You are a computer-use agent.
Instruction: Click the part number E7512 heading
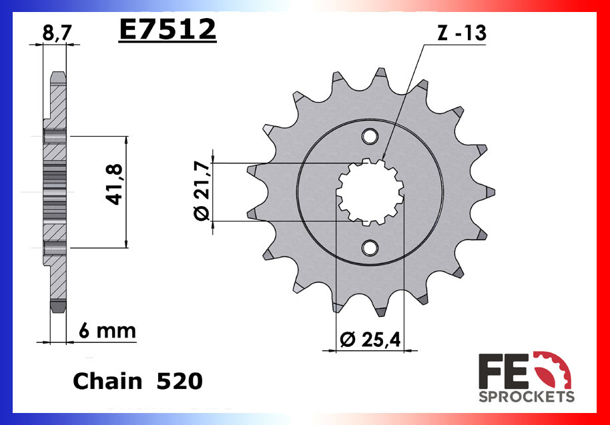click(x=168, y=29)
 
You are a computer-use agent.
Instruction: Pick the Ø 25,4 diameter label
click(x=370, y=340)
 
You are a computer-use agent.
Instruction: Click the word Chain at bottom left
click(x=107, y=381)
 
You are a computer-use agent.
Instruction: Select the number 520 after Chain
click(x=178, y=381)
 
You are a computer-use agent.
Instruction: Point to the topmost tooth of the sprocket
click(x=380, y=75)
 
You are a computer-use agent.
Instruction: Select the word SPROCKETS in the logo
click(x=527, y=397)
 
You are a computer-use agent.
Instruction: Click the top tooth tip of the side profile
click(x=58, y=75)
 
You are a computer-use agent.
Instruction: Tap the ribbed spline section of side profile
click(x=56, y=191)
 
